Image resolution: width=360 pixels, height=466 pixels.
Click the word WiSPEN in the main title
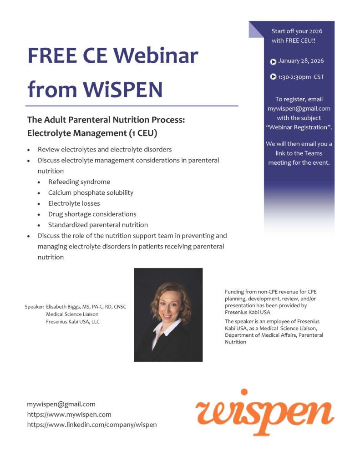[122, 89]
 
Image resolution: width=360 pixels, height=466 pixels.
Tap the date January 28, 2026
[301, 61]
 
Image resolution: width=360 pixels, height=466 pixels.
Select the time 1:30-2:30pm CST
[301, 77]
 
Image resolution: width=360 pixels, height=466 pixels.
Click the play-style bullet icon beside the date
[273, 62]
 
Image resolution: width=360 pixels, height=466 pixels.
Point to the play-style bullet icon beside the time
[273, 76]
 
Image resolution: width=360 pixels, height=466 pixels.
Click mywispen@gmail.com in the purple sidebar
[299, 109]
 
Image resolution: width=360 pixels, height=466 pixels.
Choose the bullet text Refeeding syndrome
[79, 182]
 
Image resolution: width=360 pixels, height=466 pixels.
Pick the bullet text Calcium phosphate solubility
[91, 192]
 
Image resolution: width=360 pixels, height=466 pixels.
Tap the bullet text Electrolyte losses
[74, 203]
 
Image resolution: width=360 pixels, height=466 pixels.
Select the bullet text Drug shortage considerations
[92, 214]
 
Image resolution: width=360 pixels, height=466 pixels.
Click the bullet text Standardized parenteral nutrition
[98, 225]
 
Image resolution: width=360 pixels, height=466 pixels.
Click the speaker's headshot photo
[168, 315]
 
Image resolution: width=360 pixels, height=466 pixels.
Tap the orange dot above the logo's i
[244, 392]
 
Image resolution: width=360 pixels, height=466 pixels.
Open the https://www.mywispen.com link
[69, 415]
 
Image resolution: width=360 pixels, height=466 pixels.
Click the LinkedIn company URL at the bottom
[92, 425]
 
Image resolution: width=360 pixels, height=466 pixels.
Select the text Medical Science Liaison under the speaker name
[72, 314]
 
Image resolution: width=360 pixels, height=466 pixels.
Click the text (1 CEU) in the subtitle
[143, 133]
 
